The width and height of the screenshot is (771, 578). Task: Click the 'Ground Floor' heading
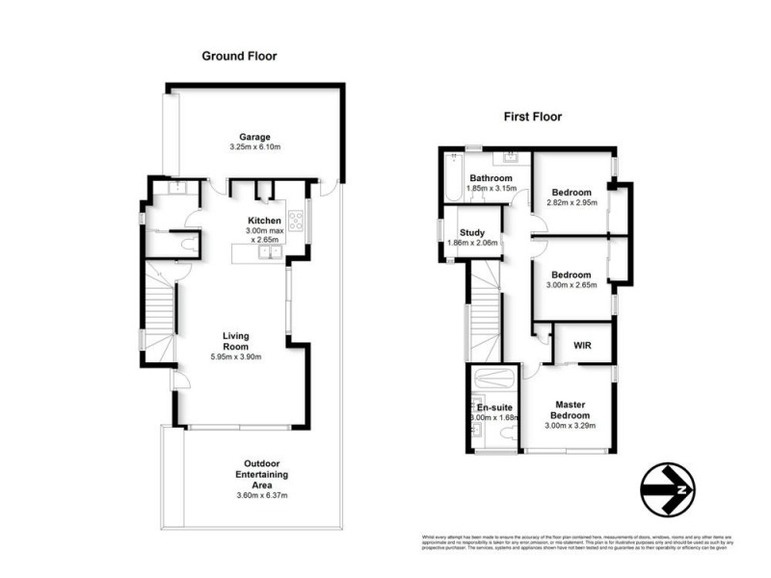tap(239, 56)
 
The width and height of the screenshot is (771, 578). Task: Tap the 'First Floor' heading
tap(533, 117)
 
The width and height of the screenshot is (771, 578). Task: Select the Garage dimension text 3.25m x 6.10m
tap(255, 147)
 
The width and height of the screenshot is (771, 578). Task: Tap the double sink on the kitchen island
tap(267, 252)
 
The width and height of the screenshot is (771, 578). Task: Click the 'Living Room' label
tap(235, 341)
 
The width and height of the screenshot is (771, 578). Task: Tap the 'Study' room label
tap(471, 232)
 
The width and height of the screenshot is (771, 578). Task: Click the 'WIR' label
tap(582, 345)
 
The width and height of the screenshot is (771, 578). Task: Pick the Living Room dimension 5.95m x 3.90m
tap(235, 357)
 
